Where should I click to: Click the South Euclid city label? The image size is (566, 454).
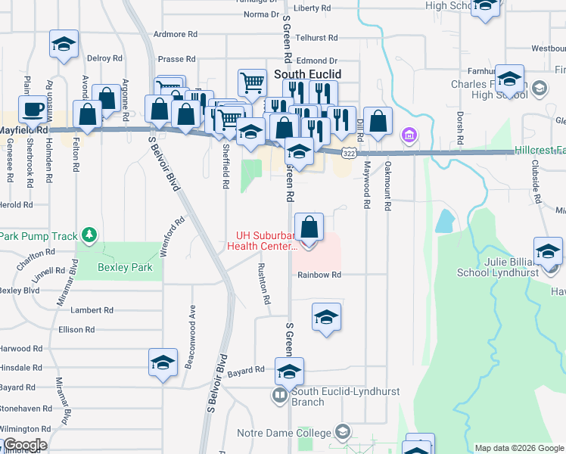point(307,74)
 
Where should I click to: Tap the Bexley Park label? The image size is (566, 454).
point(125,267)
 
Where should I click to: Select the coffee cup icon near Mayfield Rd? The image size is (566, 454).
point(32,110)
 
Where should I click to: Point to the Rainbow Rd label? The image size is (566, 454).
point(319,275)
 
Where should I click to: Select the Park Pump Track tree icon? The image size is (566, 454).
point(90,236)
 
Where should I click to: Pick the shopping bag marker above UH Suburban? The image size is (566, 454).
point(309,226)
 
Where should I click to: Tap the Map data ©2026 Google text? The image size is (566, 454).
point(518,448)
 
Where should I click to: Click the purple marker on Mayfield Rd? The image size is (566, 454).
point(409,136)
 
